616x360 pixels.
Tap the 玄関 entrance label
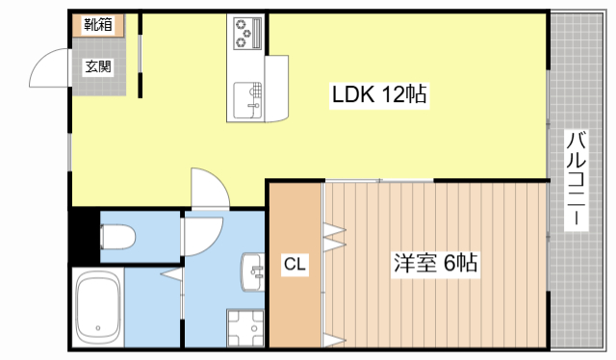pos(97,66)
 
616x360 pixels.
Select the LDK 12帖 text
pos(380,95)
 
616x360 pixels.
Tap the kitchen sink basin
pos(246,99)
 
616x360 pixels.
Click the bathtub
pos(96,308)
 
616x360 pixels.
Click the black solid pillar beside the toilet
pos(84,236)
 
